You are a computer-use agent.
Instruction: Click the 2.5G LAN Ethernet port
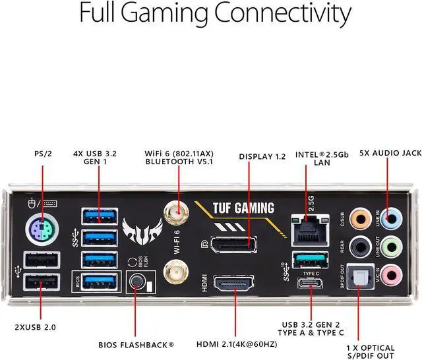308,229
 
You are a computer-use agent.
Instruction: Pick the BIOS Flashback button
136,282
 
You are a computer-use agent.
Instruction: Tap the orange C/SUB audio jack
359,218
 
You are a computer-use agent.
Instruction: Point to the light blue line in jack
390,218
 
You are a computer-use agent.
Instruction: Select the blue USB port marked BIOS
99,282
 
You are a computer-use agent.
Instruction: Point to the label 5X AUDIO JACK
390,153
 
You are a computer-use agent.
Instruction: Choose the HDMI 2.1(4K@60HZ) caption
236,344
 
